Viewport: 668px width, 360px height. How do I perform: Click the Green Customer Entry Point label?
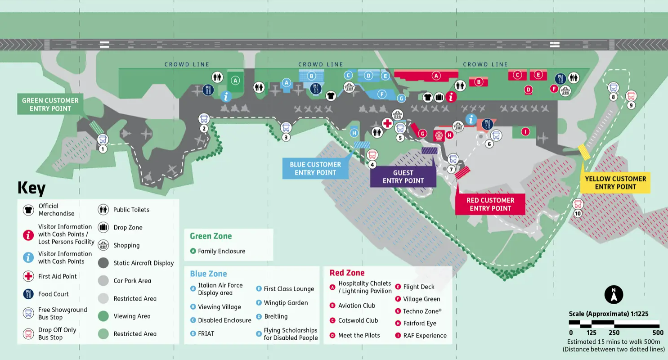(x=50, y=104)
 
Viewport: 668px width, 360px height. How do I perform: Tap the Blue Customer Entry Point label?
(x=315, y=168)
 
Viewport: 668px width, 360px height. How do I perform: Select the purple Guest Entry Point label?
(x=403, y=176)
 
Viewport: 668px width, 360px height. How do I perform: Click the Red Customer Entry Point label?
(x=490, y=204)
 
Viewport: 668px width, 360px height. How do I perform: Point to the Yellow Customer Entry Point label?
(x=615, y=183)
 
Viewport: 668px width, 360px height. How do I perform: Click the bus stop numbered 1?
(x=103, y=139)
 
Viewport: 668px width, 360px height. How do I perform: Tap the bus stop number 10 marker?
(x=578, y=205)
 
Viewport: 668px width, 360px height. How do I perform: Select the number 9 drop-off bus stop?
(x=631, y=96)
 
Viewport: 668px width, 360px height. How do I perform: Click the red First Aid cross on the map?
(x=387, y=123)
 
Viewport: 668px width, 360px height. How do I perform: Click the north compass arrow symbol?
(x=614, y=295)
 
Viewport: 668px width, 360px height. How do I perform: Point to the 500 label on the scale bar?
(x=658, y=333)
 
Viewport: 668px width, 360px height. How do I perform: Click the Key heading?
(x=31, y=188)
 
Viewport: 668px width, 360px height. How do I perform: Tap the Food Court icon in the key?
(x=28, y=294)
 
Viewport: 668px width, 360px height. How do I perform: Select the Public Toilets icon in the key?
(x=103, y=210)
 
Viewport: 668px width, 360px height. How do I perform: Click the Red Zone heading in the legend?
(x=347, y=273)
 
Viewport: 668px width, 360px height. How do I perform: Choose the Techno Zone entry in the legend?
(x=422, y=311)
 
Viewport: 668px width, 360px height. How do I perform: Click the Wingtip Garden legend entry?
(x=286, y=303)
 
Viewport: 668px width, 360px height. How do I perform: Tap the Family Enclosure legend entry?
(x=221, y=251)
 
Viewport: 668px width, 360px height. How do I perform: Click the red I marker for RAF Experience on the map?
(x=525, y=132)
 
